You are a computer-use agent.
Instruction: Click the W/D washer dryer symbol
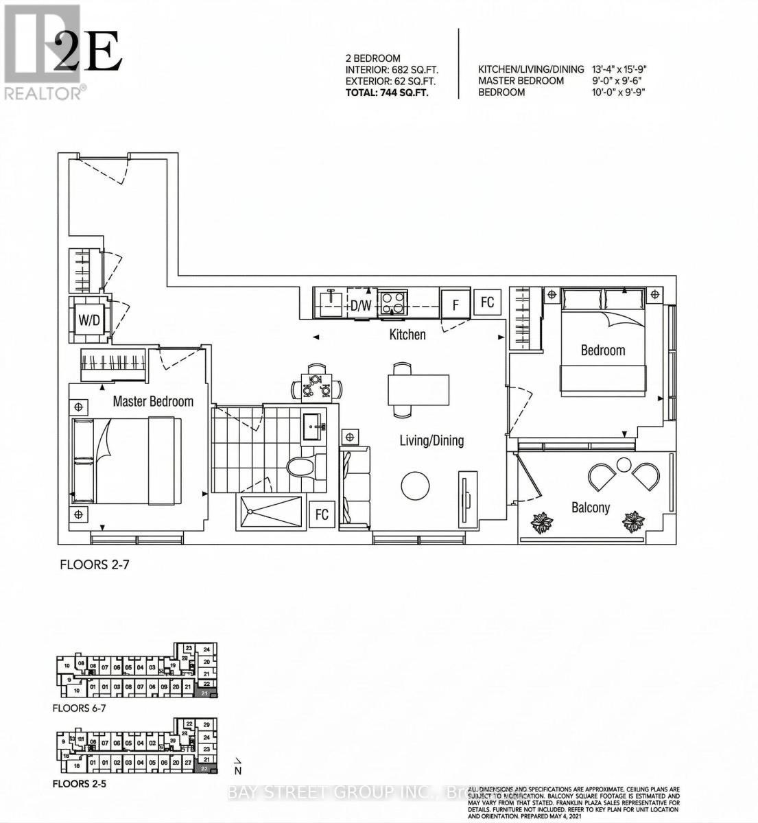pos(88,319)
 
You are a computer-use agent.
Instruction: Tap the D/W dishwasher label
pos(361,306)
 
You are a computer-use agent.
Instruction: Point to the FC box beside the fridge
pos(487,302)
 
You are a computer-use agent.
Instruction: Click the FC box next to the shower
pos(322,514)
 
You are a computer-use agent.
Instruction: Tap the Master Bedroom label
pos(153,401)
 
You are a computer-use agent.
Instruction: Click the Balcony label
pos(591,508)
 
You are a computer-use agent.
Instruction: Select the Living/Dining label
pos(431,440)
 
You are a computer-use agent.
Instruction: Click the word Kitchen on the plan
pos(407,335)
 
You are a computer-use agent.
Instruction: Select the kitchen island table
pos(418,390)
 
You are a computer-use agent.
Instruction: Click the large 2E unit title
pos(87,53)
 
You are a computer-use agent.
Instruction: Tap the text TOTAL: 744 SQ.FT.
pos(387,93)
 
